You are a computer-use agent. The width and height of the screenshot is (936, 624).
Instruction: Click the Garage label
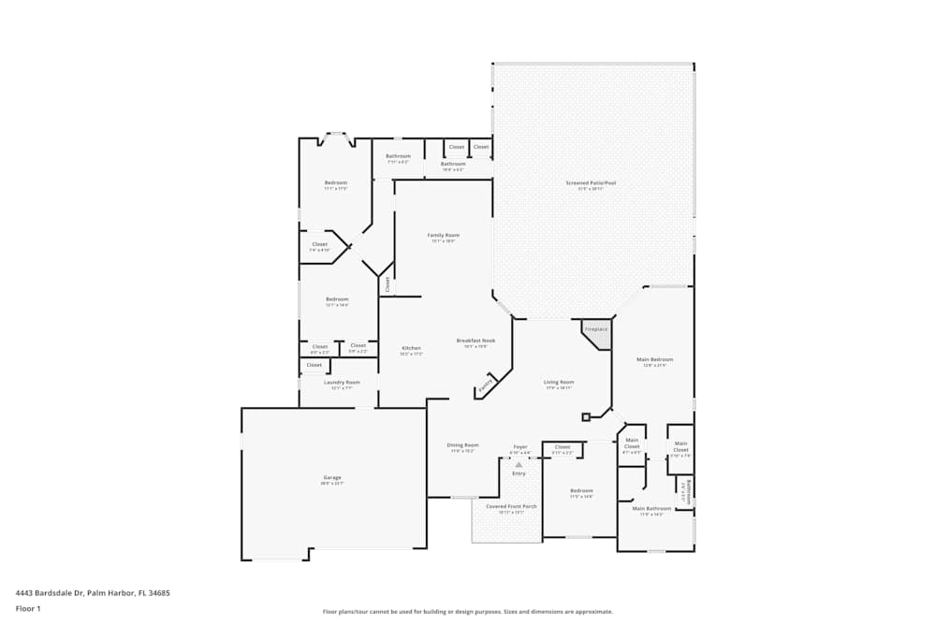coord(332,478)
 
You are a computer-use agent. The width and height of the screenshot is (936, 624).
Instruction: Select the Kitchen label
coord(412,348)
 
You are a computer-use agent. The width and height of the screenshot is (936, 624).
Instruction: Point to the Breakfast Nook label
coord(475,341)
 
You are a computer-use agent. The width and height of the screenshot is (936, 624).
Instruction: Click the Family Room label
coord(444,236)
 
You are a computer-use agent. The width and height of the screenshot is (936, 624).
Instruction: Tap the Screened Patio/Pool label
coord(591,183)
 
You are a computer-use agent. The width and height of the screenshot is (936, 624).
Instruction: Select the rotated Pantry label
coord(486,385)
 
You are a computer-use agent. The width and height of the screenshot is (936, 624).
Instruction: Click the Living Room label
coord(559,382)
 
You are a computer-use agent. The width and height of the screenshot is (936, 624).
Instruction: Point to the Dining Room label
coord(462,445)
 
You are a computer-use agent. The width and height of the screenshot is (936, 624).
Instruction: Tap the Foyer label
coord(519,447)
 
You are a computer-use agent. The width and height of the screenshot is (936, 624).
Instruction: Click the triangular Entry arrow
coord(519,464)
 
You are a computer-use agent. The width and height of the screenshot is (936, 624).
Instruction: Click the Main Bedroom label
coord(654,359)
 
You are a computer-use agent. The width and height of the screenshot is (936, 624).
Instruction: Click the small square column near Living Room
coord(586,416)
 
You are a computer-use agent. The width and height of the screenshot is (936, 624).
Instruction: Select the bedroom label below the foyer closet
coord(581,491)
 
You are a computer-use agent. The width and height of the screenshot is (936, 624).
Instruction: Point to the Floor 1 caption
coord(28,608)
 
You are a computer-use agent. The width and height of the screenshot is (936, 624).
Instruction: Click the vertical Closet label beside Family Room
coord(387,284)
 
